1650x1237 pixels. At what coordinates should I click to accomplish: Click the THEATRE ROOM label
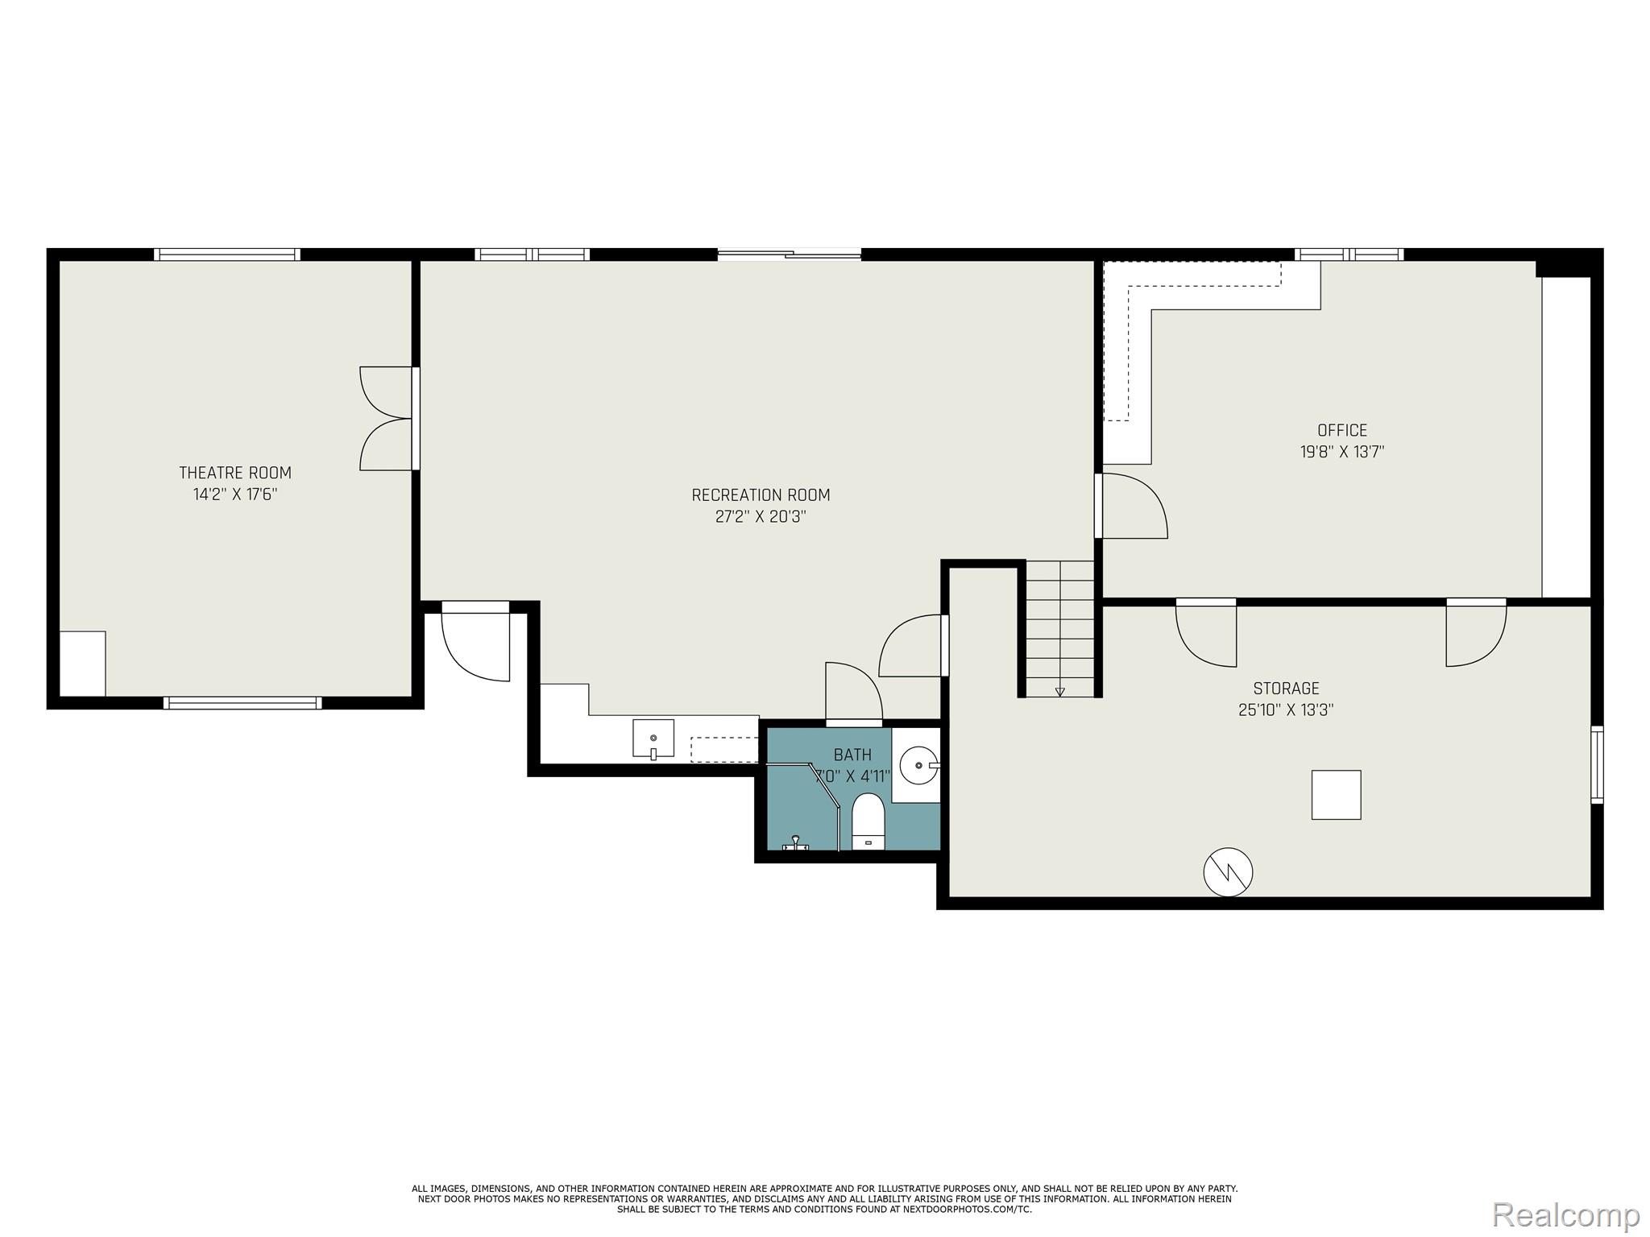pyautogui.click(x=234, y=473)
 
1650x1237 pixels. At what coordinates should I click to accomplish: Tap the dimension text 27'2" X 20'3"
pyautogui.click(x=760, y=516)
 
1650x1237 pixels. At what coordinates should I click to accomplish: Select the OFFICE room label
pyautogui.click(x=1341, y=430)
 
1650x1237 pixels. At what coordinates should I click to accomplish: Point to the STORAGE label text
pyautogui.click(x=1285, y=689)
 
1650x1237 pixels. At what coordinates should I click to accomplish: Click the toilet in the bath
pyautogui.click(x=868, y=821)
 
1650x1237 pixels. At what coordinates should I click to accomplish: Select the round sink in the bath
pyautogui.click(x=918, y=765)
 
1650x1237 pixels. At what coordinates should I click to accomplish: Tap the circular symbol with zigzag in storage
pyautogui.click(x=1228, y=872)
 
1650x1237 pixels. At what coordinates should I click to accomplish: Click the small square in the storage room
pyautogui.click(x=1336, y=795)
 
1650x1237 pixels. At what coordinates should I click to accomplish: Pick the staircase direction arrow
pyautogui.click(x=1059, y=690)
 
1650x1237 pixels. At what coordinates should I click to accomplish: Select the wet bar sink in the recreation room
pyautogui.click(x=653, y=739)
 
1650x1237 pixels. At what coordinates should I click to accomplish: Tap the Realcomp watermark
pyautogui.click(x=1565, y=1214)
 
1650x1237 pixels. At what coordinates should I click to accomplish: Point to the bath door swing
pyautogui.click(x=853, y=691)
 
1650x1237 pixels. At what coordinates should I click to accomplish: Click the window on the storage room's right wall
pyautogui.click(x=1596, y=764)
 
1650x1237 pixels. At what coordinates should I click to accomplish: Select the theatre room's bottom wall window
pyautogui.click(x=242, y=703)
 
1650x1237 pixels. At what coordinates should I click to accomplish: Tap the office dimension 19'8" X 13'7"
pyautogui.click(x=1341, y=452)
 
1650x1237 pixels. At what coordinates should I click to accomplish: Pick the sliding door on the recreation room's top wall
pyautogui.click(x=789, y=254)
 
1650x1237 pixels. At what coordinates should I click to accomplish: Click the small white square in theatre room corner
pyautogui.click(x=82, y=664)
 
